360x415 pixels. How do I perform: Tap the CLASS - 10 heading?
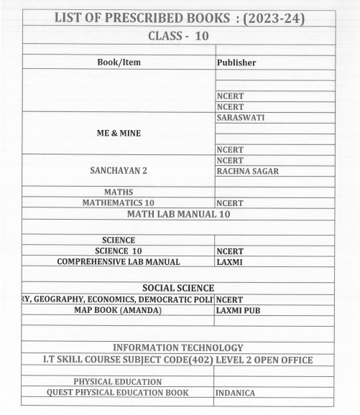tap(178, 35)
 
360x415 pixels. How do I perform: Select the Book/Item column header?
tap(119, 62)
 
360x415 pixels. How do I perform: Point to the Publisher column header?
tap(236, 63)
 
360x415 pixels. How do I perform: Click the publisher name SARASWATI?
tap(242, 117)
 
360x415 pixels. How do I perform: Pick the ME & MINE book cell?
tap(119, 133)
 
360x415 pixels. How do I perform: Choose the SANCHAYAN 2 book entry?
tap(119, 172)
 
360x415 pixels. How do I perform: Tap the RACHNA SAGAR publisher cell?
tap(248, 172)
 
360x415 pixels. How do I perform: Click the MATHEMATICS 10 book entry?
tap(119, 202)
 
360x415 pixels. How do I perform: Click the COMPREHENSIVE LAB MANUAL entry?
tap(119, 262)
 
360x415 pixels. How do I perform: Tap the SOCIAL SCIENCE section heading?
tap(178, 288)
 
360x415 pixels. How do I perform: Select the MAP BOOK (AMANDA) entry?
tap(119, 310)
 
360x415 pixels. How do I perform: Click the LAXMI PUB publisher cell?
tap(240, 311)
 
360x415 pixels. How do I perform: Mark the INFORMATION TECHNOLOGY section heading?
tap(178, 348)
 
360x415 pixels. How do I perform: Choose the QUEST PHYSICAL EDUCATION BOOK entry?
tap(118, 393)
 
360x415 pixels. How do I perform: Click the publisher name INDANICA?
tap(236, 393)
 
